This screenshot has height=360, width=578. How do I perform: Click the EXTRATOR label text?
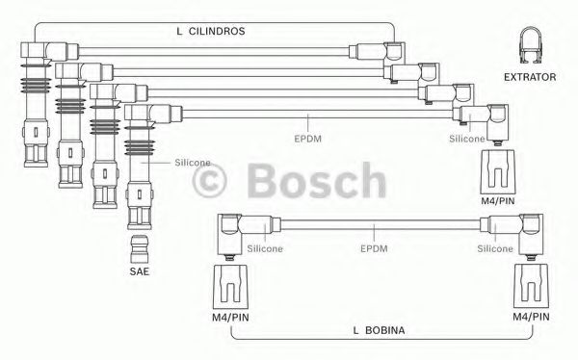point(530,77)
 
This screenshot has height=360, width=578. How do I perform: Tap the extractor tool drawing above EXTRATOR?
point(531,44)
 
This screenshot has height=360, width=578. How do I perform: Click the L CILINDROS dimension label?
point(211,31)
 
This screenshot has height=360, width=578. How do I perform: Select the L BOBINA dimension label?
point(379,330)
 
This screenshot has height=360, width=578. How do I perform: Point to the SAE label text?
point(140,271)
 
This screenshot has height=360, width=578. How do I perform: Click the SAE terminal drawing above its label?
point(140,249)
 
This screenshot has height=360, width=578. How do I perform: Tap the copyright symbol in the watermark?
point(209,181)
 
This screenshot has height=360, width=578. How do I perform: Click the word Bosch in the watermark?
point(317,180)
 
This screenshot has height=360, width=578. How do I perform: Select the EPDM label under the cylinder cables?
point(308,139)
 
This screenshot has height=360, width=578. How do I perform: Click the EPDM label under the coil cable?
point(374,248)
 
